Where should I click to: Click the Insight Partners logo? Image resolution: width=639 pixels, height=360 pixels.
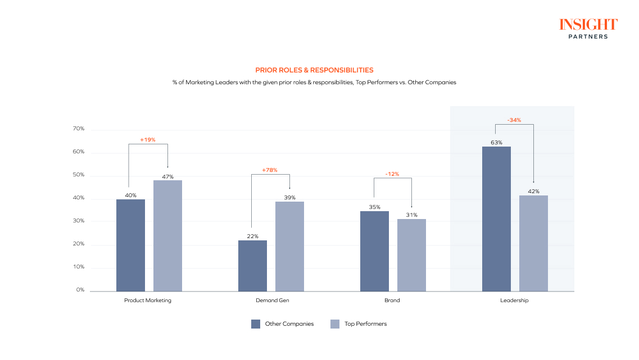588,29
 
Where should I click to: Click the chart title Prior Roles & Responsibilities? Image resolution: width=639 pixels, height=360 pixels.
314,70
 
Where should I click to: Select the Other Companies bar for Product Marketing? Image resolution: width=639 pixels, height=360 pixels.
130,245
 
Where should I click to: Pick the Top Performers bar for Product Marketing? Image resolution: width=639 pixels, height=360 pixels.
167,236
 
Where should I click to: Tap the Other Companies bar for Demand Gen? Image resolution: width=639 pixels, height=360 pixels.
252,266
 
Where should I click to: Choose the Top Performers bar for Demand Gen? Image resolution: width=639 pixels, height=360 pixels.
289,246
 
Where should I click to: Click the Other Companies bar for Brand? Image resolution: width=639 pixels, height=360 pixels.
374,251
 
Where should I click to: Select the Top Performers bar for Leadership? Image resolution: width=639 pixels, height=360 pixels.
533,243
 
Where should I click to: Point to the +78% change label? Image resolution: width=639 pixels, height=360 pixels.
270,170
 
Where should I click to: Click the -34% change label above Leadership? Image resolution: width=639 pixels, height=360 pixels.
514,120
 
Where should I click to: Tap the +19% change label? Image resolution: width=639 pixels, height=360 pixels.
148,139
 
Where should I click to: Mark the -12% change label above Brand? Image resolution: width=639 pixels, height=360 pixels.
392,174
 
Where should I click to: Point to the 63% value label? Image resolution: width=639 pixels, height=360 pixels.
496,142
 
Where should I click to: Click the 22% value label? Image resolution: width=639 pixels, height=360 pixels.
252,236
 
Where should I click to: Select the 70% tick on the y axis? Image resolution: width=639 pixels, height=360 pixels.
78,129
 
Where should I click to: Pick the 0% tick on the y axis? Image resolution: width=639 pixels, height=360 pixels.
80,290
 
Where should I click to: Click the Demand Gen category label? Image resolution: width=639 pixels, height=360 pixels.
272,300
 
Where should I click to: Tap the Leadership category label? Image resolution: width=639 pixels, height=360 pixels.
514,300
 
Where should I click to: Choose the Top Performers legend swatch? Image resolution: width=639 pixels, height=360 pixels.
335,323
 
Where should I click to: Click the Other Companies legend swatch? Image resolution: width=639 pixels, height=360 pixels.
256,323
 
